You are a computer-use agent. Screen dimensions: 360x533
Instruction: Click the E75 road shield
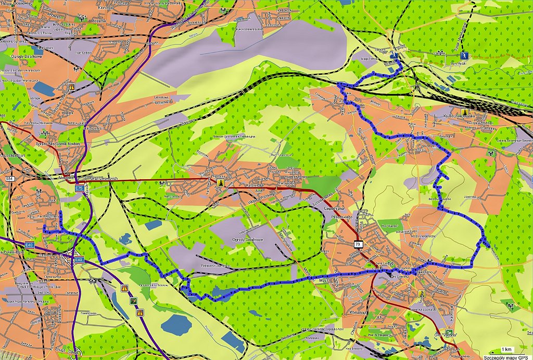coord(80,188)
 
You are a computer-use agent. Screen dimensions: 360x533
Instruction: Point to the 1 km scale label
coord(505,349)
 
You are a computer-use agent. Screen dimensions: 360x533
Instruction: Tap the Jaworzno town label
coord(410,271)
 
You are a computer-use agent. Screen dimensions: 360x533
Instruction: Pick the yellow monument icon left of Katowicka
coord(221,183)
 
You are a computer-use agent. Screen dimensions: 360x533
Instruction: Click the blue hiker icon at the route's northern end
coord(397,54)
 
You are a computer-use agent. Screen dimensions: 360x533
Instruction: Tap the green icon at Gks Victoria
coord(422,293)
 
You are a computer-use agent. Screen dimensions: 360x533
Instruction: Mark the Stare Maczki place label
coord(458,64)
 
